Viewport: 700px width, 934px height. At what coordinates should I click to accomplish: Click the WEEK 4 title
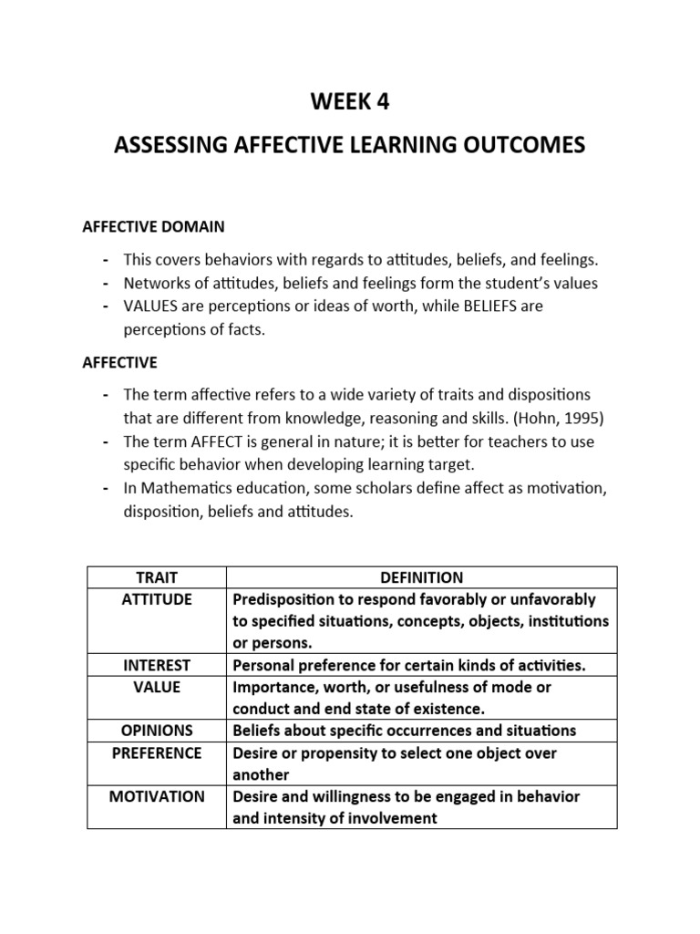click(x=350, y=103)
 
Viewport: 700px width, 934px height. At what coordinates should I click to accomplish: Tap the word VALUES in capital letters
click(x=149, y=306)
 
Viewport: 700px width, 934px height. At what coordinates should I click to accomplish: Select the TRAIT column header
click(x=157, y=577)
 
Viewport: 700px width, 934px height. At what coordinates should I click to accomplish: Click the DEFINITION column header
click(x=421, y=577)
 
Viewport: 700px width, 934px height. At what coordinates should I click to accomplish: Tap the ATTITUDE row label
click(x=157, y=599)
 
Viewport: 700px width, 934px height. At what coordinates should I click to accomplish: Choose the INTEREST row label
click(x=157, y=665)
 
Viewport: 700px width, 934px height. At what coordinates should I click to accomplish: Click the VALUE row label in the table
click(x=157, y=687)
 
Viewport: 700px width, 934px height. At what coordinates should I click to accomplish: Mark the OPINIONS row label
click(x=157, y=731)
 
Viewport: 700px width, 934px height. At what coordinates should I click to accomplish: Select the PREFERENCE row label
click(x=157, y=752)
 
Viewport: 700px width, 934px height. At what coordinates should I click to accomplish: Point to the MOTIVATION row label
click(x=157, y=796)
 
